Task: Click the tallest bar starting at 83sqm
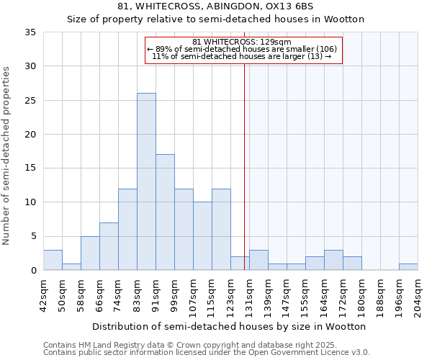click(146, 181)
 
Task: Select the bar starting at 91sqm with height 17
click(165, 212)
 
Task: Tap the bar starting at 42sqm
click(53, 260)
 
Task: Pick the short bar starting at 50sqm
click(71, 266)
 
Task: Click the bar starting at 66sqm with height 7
click(109, 246)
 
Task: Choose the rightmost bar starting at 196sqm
click(408, 266)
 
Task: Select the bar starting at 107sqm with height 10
click(202, 236)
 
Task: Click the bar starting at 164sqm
click(333, 260)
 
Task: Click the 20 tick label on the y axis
click(30, 134)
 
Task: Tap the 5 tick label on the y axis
click(33, 236)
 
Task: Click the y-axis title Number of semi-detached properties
click(7, 155)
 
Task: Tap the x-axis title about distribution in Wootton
click(230, 326)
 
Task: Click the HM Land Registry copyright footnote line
click(185, 345)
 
